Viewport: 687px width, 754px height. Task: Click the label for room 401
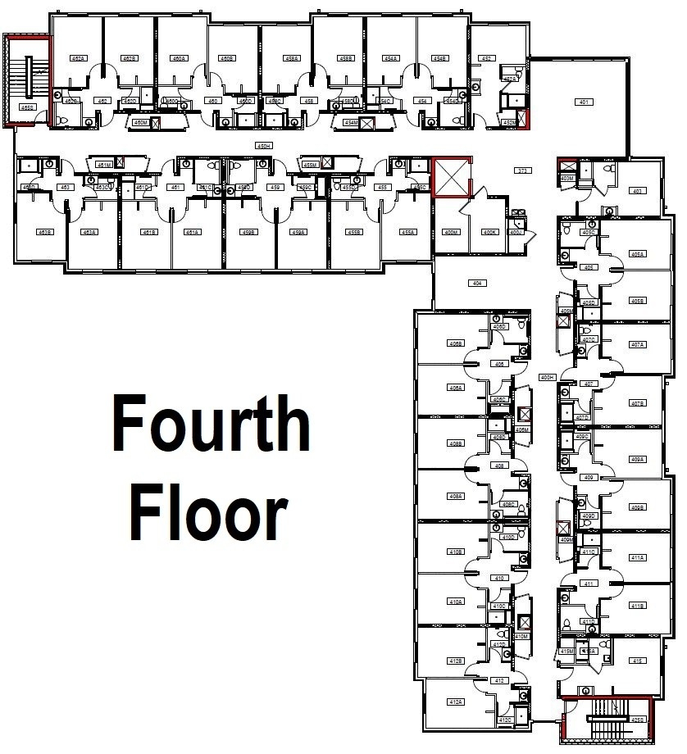point(584,102)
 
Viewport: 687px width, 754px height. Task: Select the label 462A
point(79,59)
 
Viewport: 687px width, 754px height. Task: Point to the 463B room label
point(44,233)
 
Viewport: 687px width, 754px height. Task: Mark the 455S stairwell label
point(27,107)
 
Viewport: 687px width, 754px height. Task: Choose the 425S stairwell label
point(639,719)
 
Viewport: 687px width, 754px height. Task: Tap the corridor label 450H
point(263,146)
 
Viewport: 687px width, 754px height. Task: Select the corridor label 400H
point(548,377)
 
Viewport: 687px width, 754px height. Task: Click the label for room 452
point(486,59)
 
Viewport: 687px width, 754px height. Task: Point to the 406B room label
point(456,343)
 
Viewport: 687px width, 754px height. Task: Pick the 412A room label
point(456,702)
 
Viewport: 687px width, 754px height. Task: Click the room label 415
point(636,661)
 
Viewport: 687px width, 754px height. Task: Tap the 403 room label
point(636,191)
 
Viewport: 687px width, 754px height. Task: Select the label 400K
point(490,232)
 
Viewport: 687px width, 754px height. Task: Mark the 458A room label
point(292,59)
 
